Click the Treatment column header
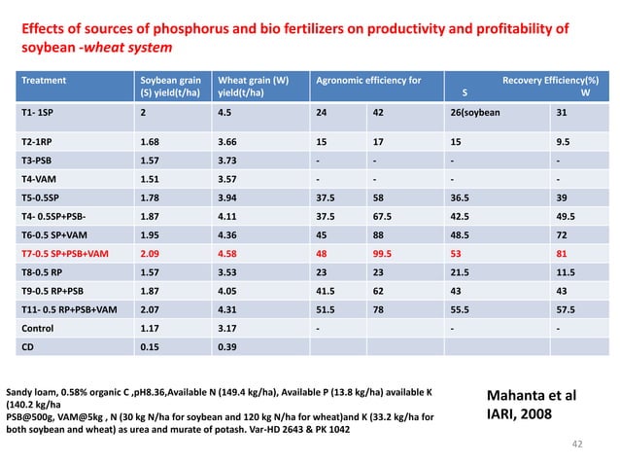click(46, 81)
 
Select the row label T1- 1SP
click(40, 113)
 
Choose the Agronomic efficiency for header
click(368, 81)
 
